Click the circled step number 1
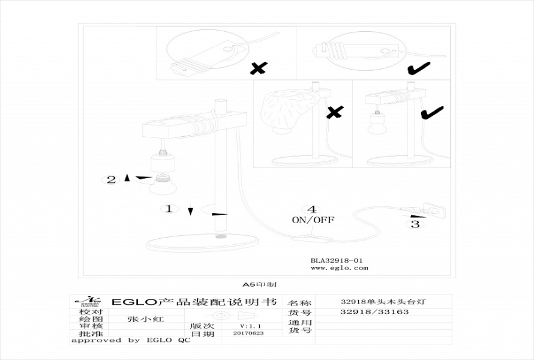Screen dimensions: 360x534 tap(169, 209)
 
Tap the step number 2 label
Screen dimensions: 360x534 tap(111, 179)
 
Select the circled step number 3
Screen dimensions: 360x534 tap(415, 224)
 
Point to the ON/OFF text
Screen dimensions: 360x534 tap(313, 220)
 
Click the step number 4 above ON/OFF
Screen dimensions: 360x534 tap(311, 209)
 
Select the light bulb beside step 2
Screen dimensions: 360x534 tap(162, 185)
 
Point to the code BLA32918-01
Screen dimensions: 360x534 tap(337, 261)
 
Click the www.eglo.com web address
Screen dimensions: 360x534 tap(340, 268)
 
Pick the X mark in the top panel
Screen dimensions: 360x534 tap(259, 69)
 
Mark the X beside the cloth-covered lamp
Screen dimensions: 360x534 tap(334, 112)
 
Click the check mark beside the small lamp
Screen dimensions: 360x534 tap(431, 112)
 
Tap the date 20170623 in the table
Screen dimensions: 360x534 tap(248, 332)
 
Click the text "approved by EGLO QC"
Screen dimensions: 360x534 tap(130, 340)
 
